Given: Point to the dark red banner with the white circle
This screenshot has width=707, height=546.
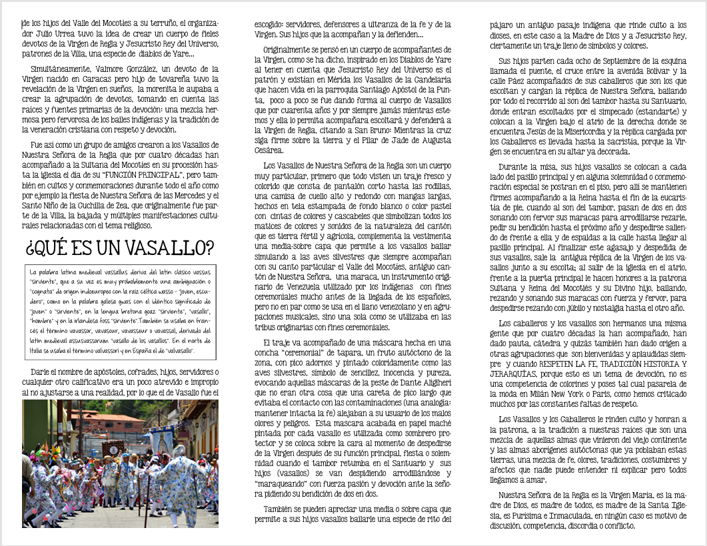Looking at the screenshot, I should pos(113,447).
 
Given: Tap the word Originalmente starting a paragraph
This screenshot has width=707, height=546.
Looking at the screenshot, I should pos(294,50).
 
